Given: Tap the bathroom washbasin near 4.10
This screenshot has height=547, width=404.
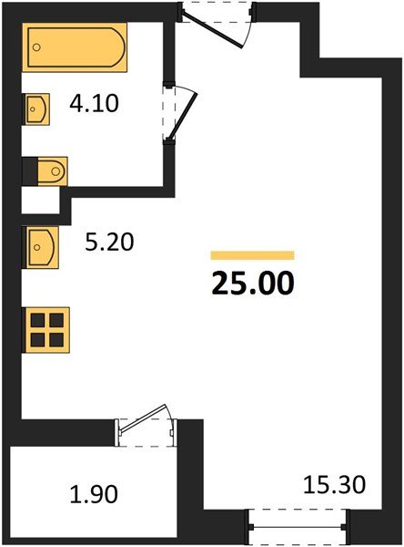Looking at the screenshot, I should (x=36, y=109).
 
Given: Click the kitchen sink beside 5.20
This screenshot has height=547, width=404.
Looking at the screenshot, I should (x=40, y=244).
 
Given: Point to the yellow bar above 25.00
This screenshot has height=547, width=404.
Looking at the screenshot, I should (x=252, y=255).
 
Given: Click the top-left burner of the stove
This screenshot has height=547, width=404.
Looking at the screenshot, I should (x=38, y=319).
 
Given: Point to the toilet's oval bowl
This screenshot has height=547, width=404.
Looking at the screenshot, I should (x=55, y=170).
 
